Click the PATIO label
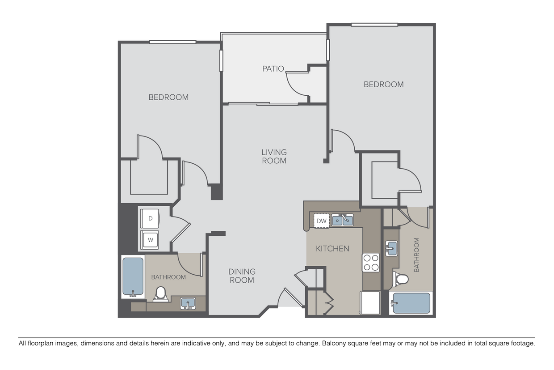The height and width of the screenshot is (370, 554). [x=273, y=69]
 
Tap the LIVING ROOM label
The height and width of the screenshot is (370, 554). [x=274, y=157]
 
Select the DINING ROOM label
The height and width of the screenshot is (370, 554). [x=242, y=276]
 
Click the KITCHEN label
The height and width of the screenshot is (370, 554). [x=332, y=248]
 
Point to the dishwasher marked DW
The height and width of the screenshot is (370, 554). [x=321, y=221]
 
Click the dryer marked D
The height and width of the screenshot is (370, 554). [x=151, y=219]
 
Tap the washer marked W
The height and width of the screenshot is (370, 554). [x=151, y=240]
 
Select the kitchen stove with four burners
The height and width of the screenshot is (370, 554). [x=370, y=262]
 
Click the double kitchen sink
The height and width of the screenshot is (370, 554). [x=342, y=220]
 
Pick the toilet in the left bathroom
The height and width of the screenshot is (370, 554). [x=160, y=294]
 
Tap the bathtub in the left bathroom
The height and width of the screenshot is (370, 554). [x=133, y=277]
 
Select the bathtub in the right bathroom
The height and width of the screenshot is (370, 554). [x=411, y=303]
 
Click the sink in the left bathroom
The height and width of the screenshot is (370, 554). [x=188, y=303]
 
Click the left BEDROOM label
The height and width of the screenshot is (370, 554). [x=168, y=97]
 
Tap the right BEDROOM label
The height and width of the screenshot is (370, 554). [x=383, y=84]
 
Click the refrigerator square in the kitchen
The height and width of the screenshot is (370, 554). [x=370, y=302]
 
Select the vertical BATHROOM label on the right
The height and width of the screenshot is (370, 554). [x=416, y=255]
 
